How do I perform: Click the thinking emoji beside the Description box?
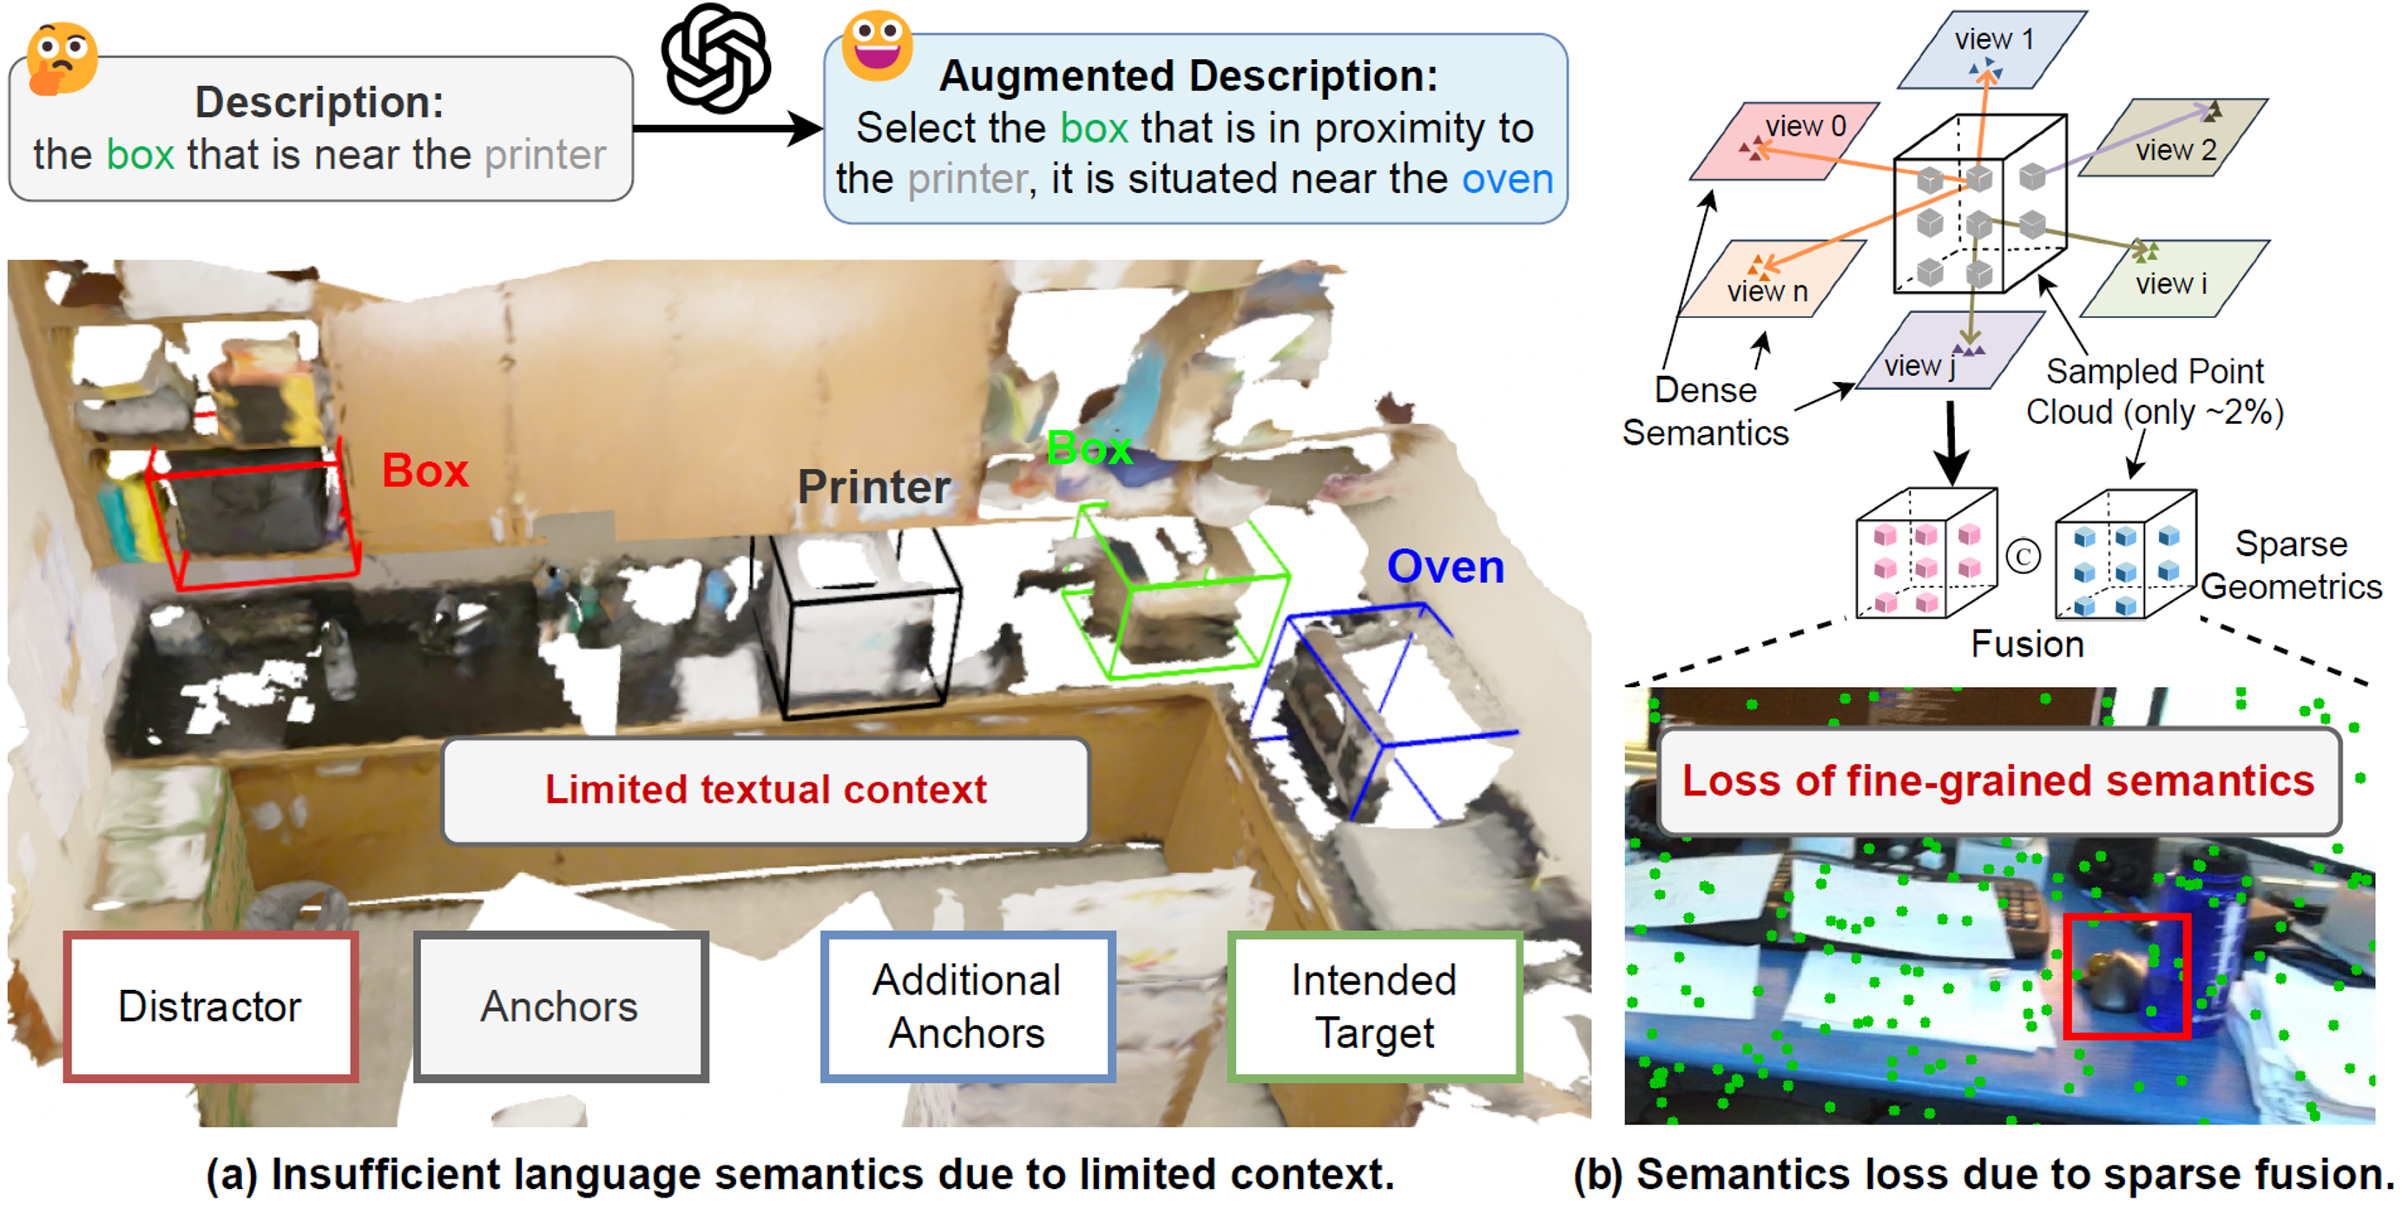coord(61,58)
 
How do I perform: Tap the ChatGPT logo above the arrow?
coord(715,58)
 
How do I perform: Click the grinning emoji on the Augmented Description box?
coord(877,46)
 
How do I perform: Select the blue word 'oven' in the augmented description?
coord(1507,179)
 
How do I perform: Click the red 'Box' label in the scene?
coord(425,471)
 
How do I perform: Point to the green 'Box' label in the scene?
coord(1089,449)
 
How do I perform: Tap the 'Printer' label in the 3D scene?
coord(873,487)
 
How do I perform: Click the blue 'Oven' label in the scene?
coord(1445,567)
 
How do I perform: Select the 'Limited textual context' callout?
coord(766,790)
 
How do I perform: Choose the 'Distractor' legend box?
coord(211,1007)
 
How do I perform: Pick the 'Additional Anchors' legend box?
coord(967,1007)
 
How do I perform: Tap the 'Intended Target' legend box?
coord(1374,1007)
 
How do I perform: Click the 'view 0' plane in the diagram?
coord(1784,140)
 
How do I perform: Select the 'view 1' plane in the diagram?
coord(1991,50)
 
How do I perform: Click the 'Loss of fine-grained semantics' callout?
coord(1998,782)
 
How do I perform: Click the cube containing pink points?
coord(1925,555)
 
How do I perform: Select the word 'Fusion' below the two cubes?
coord(2027,644)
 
